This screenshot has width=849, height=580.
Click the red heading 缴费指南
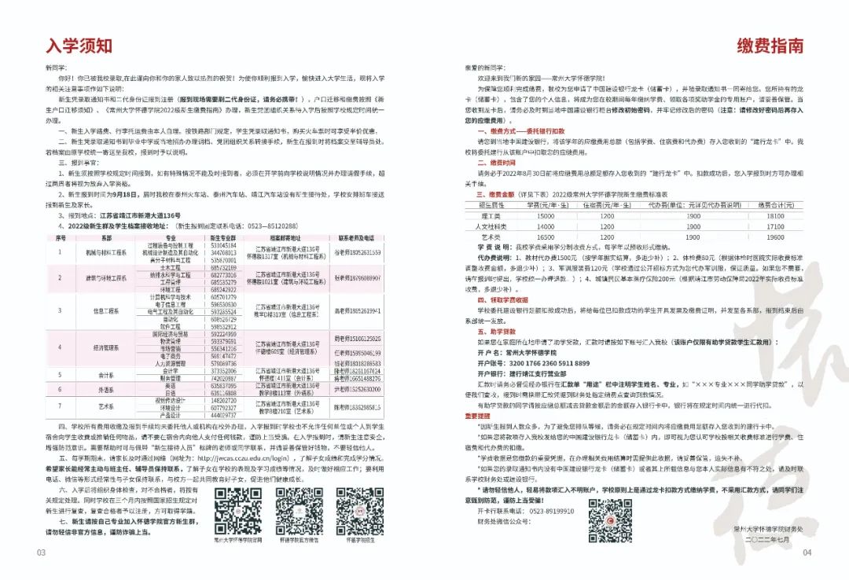770,46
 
